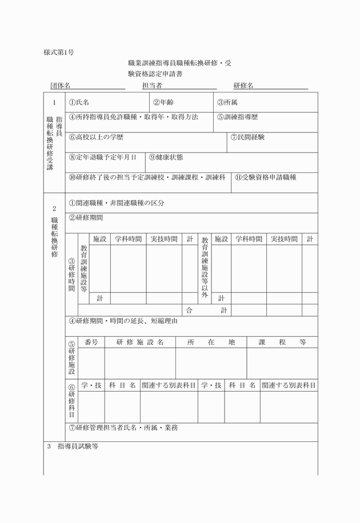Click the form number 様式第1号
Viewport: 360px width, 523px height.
pos(59,53)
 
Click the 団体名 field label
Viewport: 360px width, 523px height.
pos(60,86)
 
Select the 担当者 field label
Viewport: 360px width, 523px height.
pos(152,86)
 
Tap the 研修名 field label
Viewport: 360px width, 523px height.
pos(243,86)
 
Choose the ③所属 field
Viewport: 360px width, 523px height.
pos(227,102)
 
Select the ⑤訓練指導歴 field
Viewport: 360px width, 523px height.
pos(237,117)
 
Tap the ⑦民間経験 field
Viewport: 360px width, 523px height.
pos(247,138)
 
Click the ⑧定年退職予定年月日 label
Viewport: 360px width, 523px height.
pos(102,157)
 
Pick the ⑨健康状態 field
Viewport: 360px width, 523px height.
pos(166,157)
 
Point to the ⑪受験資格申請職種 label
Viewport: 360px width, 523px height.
pos(265,178)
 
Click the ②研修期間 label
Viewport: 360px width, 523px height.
pos(86,218)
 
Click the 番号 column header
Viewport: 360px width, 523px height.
pos(91,342)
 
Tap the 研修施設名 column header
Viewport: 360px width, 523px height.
pos(140,342)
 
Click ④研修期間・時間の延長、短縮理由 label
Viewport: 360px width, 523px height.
pos(123,321)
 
